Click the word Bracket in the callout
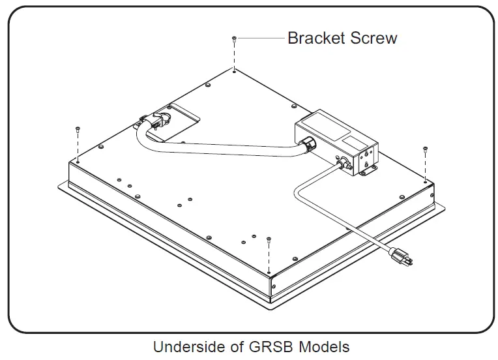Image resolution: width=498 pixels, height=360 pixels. [317, 38]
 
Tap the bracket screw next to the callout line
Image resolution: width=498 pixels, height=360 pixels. [234, 40]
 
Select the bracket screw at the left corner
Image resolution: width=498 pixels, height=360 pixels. [78, 129]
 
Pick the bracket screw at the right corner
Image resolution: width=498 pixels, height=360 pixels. [425, 150]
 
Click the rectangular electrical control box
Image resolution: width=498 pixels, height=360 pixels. [336, 143]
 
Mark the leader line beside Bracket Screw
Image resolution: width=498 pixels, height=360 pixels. [261, 39]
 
